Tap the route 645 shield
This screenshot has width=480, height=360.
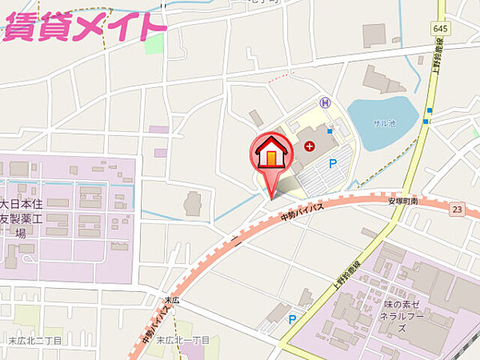click(x=439, y=28)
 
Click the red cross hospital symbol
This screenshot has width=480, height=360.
click(x=309, y=146)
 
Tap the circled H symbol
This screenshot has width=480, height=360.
click(x=325, y=102)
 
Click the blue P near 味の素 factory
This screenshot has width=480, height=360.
click(x=292, y=319)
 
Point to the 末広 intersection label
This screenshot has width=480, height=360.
click(x=172, y=300)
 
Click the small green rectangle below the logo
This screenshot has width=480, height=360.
click(x=154, y=43)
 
